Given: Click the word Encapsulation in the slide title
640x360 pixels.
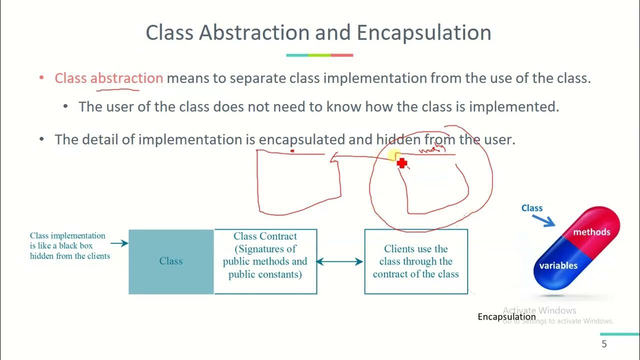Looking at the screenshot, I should click(424, 33).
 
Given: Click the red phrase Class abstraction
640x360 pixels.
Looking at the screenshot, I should click(108, 78).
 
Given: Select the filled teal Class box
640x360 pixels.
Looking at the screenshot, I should click(171, 261).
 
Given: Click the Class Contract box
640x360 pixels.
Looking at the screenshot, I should click(265, 261).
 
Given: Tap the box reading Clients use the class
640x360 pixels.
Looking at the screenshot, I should click(416, 261).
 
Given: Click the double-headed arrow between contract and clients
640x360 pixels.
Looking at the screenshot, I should click(340, 261).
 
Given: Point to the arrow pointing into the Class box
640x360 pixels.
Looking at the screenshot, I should click(119, 243).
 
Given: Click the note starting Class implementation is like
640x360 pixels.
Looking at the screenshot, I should click(68, 245).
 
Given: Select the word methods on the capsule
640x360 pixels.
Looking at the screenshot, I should click(591, 232).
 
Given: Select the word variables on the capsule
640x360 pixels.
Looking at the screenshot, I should click(558, 265).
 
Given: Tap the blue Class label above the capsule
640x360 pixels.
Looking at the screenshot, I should click(531, 208).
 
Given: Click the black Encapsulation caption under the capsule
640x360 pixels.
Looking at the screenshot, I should click(506, 317).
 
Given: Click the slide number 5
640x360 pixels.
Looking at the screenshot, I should click(604, 344).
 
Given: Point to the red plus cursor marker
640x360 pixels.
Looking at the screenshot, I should click(402, 163).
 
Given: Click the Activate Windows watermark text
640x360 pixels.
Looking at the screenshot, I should click(539, 310).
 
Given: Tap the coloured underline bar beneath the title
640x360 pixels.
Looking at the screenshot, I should click(319, 55).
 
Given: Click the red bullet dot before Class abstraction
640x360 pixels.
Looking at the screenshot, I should click(42, 78).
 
